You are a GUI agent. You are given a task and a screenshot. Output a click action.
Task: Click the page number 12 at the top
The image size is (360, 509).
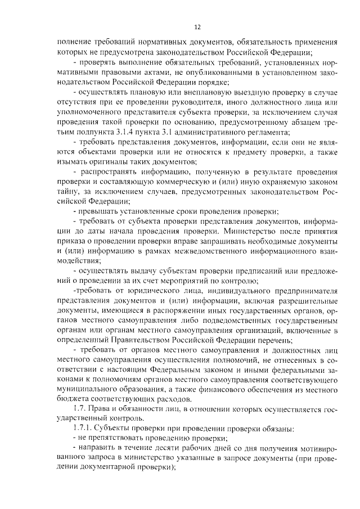click(196, 26)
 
